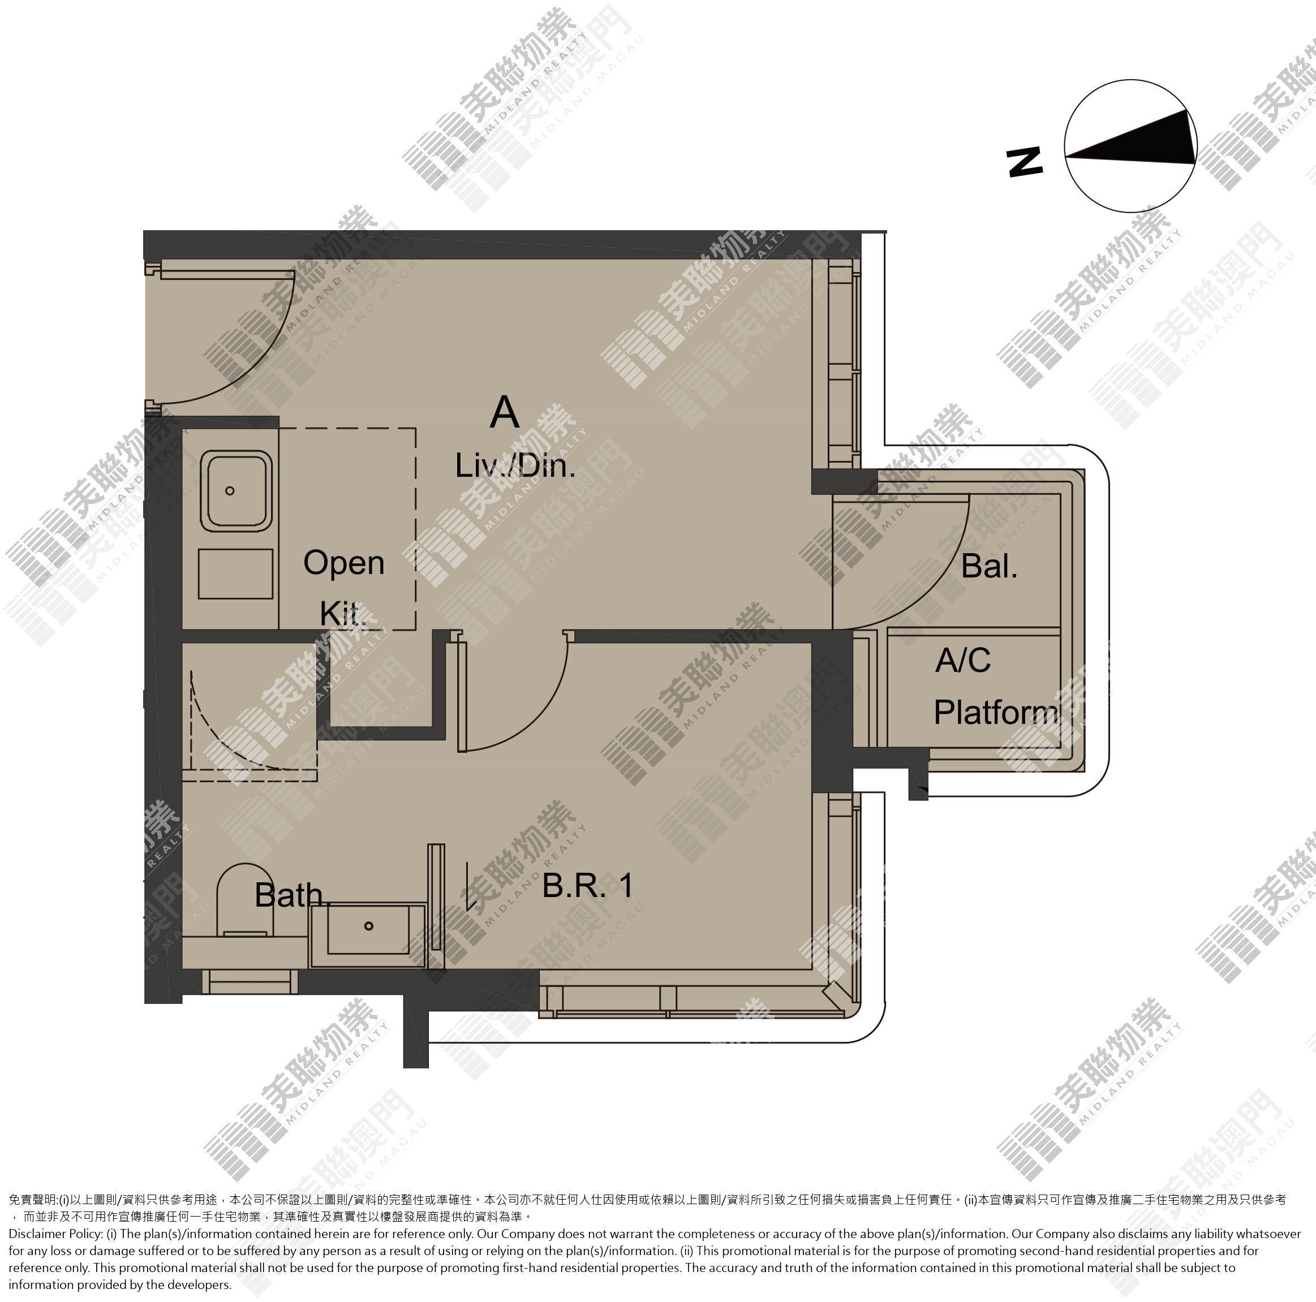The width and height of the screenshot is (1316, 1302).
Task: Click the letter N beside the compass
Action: (x=1025, y=163)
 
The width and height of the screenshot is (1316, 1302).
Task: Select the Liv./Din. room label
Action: (x=515, y=466)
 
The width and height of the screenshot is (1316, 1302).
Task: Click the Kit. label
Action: (x=343, y=613)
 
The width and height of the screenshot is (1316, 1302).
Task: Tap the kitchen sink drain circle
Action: (x=230, y=490)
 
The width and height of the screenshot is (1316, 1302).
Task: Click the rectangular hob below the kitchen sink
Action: (x=236, y=574)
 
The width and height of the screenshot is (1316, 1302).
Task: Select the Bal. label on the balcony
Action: (x=989, y=566)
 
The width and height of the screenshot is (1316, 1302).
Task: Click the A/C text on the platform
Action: (x=962, y=660)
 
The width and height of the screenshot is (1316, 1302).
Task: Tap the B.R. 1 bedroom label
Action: (x=588, y=885)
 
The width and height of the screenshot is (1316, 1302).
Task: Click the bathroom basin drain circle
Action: (x=368, y=925)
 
